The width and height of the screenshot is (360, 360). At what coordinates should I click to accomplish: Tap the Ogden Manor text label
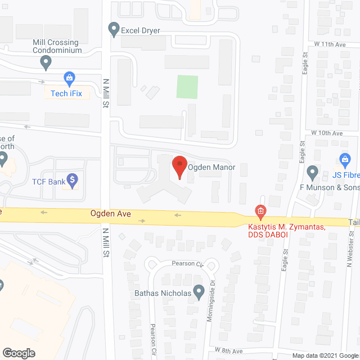point(211,168)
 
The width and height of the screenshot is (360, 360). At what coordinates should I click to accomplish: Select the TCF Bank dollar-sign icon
point(71,180)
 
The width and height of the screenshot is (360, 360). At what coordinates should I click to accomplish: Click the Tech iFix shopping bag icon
point(69,78)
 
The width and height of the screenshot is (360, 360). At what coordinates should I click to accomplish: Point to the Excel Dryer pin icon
point(114,28)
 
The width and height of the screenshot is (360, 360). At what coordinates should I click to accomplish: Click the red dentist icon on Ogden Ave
point(260,213)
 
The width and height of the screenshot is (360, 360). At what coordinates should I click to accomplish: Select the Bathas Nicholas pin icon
point(199,291)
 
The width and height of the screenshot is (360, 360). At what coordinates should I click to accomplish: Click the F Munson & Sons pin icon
point(312,171)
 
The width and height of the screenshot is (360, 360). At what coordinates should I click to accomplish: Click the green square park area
point(188,87)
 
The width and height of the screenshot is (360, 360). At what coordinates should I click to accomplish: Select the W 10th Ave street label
point(327,133)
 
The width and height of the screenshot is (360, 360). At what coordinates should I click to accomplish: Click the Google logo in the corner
point(19,353)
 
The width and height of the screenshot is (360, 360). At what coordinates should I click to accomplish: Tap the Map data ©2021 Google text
point(325,355)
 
